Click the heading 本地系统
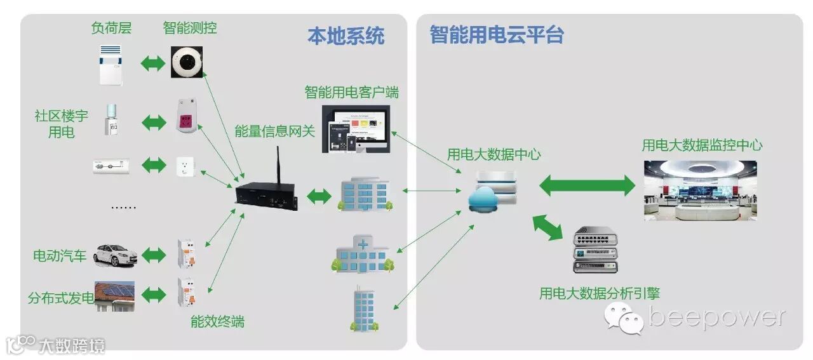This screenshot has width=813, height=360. click(x=346, y=36)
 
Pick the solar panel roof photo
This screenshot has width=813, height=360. click(x=115, y=295)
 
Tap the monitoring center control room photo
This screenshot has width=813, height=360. click(x=700, y=190)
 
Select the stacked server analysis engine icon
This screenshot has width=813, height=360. click(x=595, y=250)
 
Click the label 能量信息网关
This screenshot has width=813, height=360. click(x=274, y=131)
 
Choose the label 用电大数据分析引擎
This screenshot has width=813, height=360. click(x=599, y=293)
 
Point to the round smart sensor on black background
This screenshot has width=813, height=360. click(x=187, y=62)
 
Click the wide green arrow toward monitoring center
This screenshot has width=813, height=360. click(x=587, y=185)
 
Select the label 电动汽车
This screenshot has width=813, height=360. click(x=60, y=257)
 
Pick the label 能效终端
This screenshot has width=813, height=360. click(x=217, y=321)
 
